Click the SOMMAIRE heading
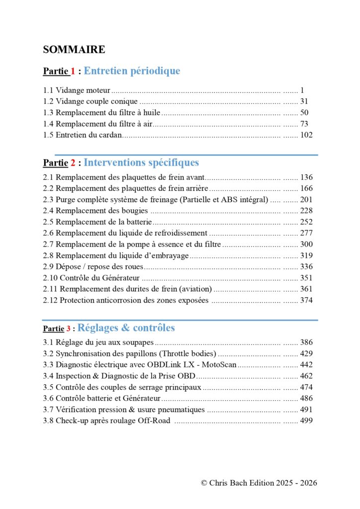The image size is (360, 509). [x=74, y=49]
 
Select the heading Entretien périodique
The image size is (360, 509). [x=132, y=71]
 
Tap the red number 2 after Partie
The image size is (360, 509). [x=73, y=163]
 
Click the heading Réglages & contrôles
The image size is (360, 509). [x=126, y=328]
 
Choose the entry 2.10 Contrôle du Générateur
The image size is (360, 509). [x=91, y=278]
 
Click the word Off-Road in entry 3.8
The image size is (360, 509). [x=154, y=421]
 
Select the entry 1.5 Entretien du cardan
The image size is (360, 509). [x=82, y=135]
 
